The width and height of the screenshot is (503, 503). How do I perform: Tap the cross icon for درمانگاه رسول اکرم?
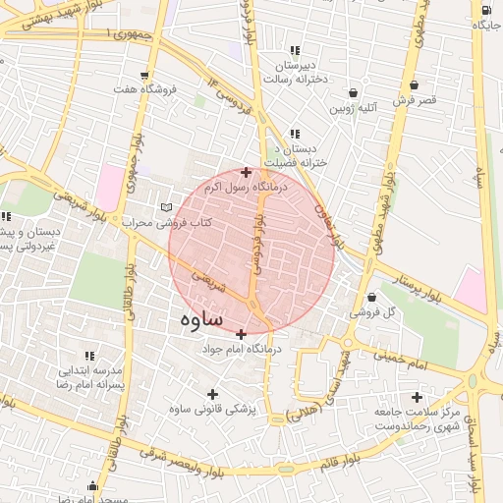[x=246, y=172]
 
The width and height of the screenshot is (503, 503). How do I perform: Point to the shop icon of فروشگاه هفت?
[x=145, y=75]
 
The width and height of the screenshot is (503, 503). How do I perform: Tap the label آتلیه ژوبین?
[x=355, y=109]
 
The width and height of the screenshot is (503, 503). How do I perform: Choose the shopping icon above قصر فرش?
[x=413, y=84]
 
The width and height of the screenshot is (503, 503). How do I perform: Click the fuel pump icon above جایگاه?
[x=485, y=11]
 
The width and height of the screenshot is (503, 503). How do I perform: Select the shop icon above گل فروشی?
[x=371, y=297]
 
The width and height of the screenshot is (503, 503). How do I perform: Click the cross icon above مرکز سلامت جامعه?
[x=418, y=398]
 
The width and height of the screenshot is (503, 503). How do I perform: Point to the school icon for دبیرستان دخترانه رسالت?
[x=294, y=50]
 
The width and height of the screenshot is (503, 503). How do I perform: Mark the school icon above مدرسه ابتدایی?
[x=89, y=356]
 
